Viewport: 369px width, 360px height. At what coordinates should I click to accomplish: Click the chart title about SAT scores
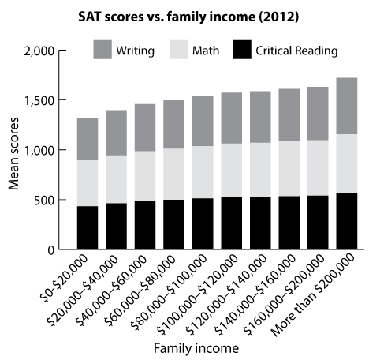[x=188, y=17]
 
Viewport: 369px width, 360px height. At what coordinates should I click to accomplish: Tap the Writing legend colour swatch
[x=102, y=50]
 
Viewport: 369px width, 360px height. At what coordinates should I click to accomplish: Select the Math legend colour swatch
[x=179, y=50]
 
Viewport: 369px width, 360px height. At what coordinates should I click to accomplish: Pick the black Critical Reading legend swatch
[x=242, y=50]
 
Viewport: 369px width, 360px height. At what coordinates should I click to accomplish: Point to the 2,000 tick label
[x=39, y=51]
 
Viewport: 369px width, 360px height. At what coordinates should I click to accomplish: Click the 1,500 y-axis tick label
[x=39, y=100]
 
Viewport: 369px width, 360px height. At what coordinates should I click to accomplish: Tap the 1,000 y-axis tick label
[x=39, y=150]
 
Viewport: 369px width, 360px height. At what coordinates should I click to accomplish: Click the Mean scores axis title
[x=13, y=153]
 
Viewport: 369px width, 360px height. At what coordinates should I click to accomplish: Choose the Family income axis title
[x=196, y=349]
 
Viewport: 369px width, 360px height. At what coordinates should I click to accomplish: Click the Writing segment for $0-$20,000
[x=88, y=139]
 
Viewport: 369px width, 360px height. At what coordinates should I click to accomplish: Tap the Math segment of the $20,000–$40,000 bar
[x=116, y=179]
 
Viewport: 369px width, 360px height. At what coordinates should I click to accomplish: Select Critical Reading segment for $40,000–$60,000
[x=145, y=225]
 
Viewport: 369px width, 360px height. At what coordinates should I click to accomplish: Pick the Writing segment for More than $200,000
[x=347, y=106]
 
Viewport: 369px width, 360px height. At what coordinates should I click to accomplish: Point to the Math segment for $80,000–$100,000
[x=203, y=172]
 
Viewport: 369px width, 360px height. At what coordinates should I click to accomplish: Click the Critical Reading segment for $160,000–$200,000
[x=318, y=223]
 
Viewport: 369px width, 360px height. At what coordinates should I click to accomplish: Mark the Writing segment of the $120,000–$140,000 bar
[x=260, y=117]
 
